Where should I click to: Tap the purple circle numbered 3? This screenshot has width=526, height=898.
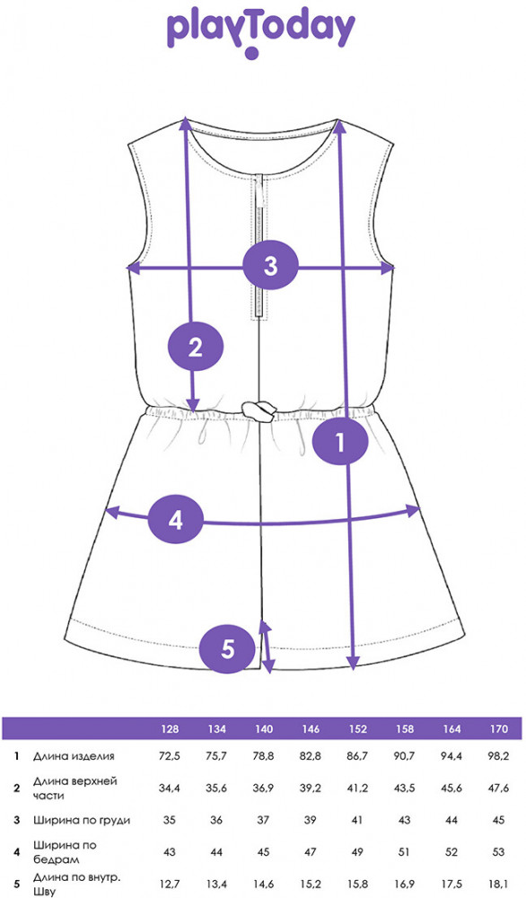point(270,266)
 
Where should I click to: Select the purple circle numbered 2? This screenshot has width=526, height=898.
point(195,347)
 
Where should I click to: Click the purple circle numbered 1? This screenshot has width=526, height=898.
point(340,443)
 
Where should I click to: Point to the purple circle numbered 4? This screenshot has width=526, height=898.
point(175,520)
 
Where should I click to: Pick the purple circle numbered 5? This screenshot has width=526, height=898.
point(228,649)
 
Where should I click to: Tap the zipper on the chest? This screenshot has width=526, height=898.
point(260,246)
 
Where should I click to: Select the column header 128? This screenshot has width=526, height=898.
point(170,729)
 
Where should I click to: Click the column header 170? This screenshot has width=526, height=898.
point(499,729)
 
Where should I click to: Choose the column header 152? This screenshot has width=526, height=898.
point(357,729)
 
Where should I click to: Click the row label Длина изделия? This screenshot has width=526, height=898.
point(74,756)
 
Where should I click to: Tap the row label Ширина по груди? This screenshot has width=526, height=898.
point(82,820)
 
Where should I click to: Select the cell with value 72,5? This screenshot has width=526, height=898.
point(170,756)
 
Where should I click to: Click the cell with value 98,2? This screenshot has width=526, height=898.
point(499,756)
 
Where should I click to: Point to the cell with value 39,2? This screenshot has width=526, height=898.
point(311,788)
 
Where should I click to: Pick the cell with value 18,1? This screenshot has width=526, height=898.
point(499,885)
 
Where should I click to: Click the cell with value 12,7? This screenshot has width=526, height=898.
point(170,885)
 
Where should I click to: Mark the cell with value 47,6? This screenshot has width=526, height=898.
point(499,788)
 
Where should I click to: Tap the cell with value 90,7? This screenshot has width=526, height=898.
point(404,756)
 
